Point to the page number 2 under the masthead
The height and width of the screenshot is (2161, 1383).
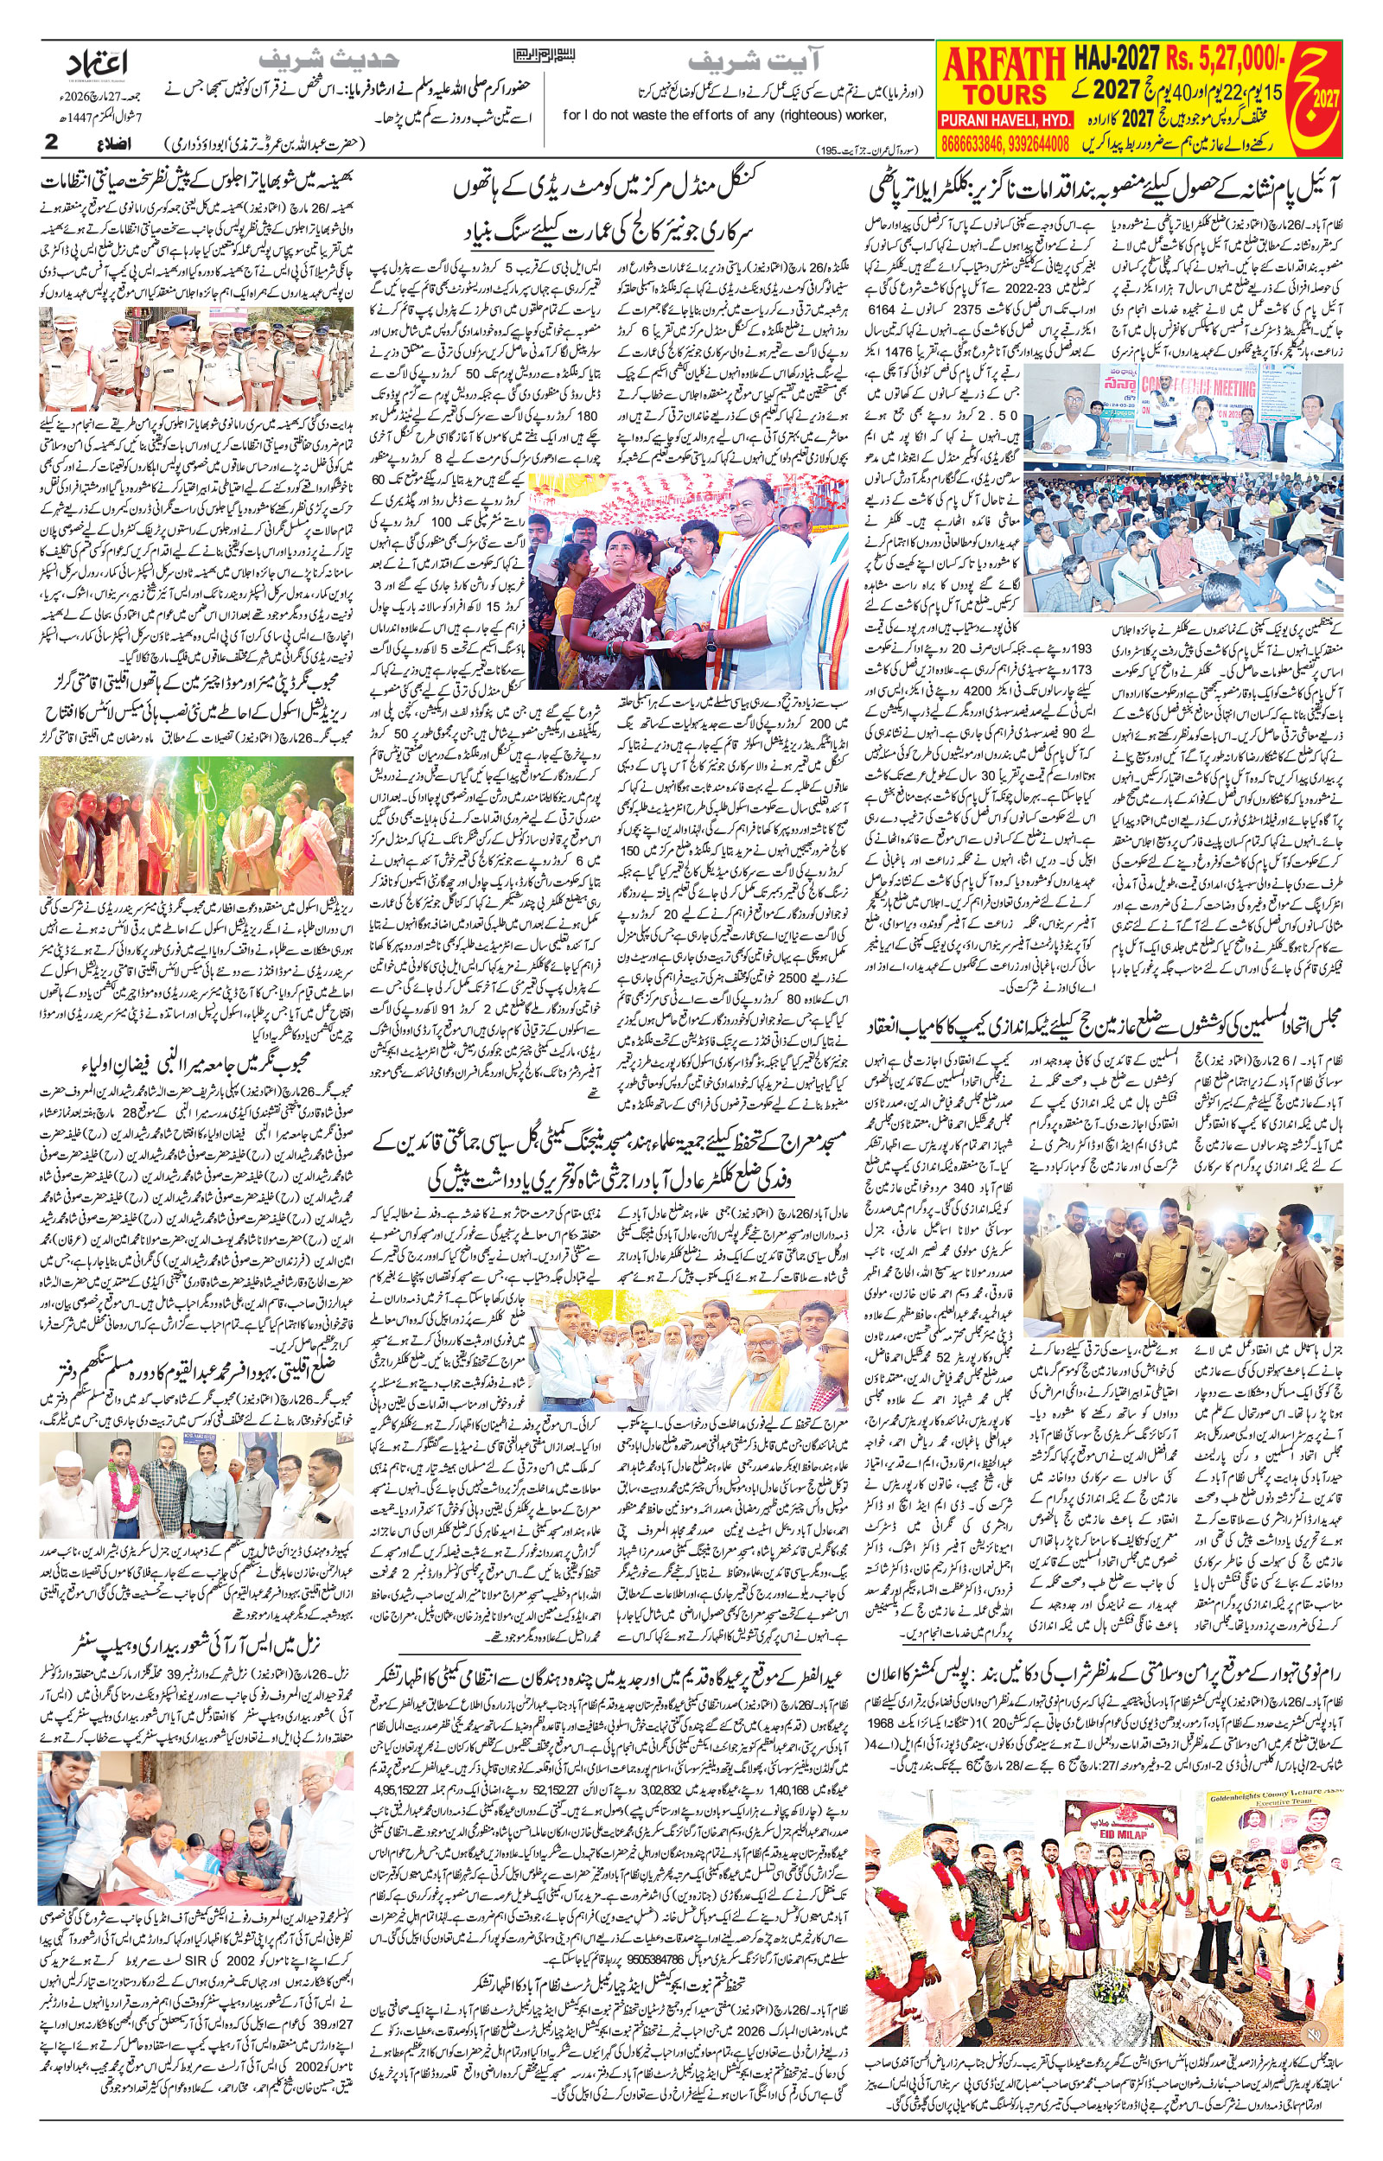(51, 143)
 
